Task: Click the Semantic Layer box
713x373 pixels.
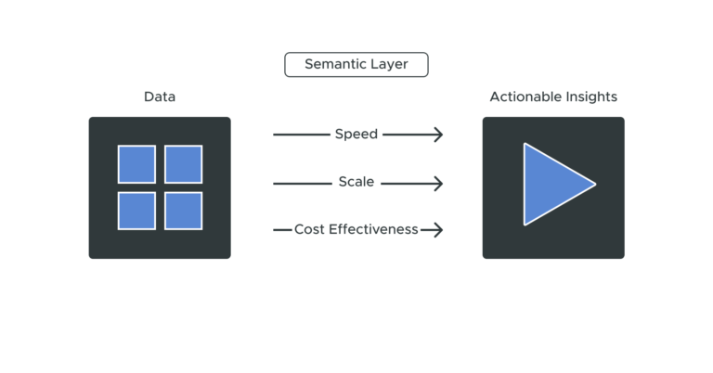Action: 356,65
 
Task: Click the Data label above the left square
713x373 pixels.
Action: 159,96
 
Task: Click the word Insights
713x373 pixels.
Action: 590,96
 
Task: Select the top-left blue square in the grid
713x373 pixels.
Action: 136,164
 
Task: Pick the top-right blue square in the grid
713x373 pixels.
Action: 183,164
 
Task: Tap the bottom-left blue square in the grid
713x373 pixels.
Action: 136,211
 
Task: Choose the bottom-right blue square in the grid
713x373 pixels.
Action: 183,211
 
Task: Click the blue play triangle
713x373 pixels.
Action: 551,184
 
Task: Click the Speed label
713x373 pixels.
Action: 356,135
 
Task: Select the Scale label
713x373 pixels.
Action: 356,183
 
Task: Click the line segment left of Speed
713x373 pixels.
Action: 302,135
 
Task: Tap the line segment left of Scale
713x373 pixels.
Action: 304,184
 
